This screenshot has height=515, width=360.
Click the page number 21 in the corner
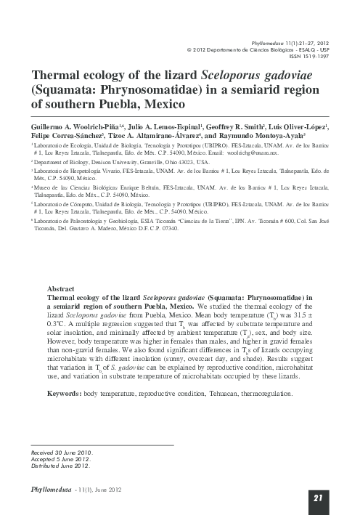pos(317,498)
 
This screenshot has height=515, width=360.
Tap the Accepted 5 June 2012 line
pos(60,459)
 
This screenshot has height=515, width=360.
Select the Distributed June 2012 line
pos(60,466)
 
